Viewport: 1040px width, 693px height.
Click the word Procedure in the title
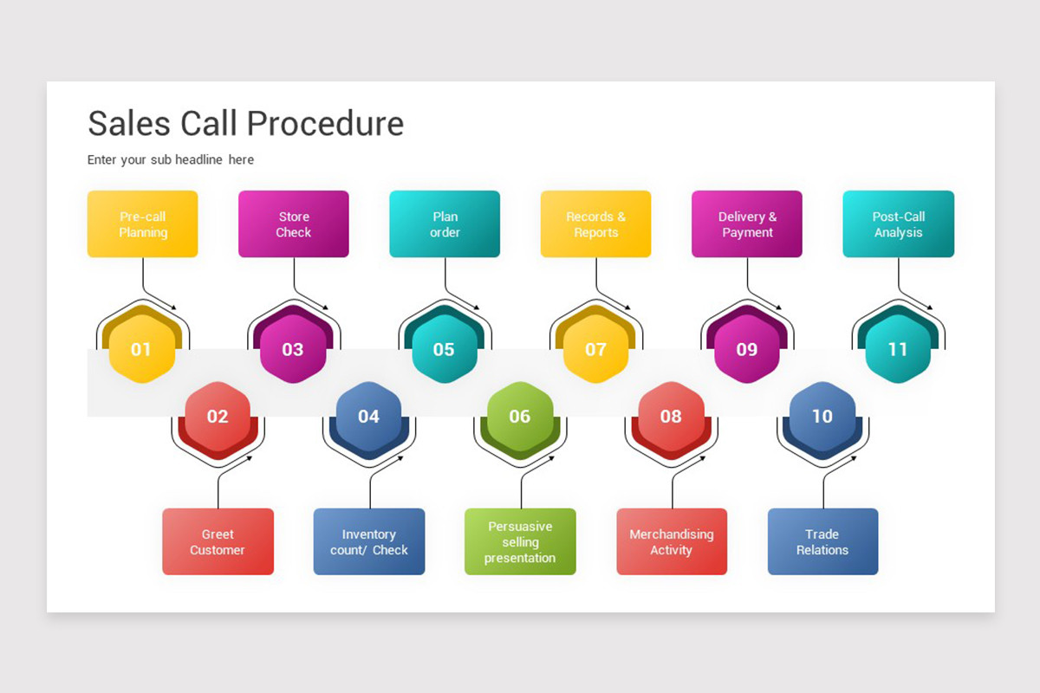325,124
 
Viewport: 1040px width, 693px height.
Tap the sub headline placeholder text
171,159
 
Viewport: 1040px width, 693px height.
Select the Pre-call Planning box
142,223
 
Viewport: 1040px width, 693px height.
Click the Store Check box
294,223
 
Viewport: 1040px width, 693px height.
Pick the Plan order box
445,223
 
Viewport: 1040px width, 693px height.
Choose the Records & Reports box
595,223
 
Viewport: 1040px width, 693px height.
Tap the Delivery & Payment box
747,223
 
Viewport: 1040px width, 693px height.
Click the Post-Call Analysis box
899,223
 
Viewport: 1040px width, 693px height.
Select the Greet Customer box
218,541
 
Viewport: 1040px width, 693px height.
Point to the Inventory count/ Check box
369,541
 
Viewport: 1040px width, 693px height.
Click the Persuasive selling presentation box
520,541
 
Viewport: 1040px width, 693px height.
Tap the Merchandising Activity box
672,541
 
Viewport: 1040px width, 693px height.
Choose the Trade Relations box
822,541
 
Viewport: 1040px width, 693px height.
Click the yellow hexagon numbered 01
141,349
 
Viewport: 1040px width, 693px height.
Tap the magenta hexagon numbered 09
746,349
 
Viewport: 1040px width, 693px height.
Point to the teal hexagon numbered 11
898,349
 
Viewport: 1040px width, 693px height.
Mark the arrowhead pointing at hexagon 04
400,458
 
